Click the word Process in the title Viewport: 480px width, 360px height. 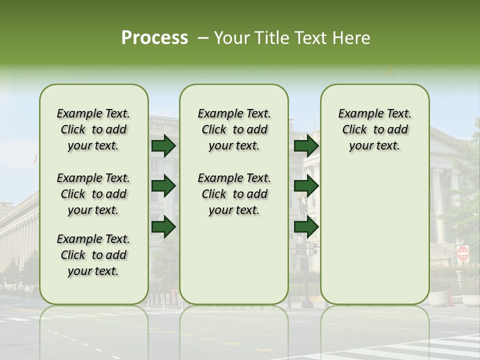154,38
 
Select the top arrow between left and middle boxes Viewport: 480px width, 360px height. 163,146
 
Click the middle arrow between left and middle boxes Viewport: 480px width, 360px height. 163,186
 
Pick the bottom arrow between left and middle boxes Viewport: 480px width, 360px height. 163,227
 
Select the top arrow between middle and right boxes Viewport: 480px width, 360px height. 306,146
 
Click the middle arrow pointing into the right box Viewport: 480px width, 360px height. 306,186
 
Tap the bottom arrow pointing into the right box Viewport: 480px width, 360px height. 306,227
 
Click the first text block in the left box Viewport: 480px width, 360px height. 93,129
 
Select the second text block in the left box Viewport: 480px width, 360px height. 93,194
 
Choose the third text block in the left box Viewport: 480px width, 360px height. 93,255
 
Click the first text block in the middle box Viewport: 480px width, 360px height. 234,129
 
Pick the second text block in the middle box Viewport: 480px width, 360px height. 234,194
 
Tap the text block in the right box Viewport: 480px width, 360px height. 374,129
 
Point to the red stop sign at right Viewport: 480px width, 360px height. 463,253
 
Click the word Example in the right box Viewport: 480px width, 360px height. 357,114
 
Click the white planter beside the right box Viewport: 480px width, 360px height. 439,298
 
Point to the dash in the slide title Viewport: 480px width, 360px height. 203,38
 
